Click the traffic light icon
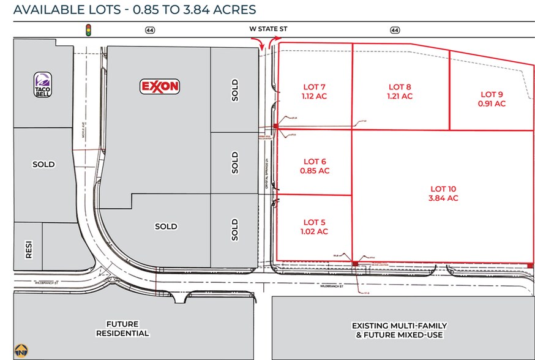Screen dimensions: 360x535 point(88,29)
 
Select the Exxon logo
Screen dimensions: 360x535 point(160,86)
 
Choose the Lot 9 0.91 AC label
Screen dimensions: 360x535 point(492,99)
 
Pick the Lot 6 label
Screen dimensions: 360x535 point(316,166)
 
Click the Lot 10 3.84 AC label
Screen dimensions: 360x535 point(444,193)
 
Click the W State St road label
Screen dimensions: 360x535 point(267,29)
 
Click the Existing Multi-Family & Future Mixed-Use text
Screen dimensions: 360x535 point(399,330)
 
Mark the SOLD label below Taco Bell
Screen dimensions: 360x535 point(43,164)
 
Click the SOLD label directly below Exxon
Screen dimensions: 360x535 point(166,226)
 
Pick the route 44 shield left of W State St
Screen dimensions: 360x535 point(149,29)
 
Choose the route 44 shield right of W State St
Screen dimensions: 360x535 point(395,29)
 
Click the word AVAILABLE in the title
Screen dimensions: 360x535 point(45,9)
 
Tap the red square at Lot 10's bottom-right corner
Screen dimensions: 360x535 point(529,265)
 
